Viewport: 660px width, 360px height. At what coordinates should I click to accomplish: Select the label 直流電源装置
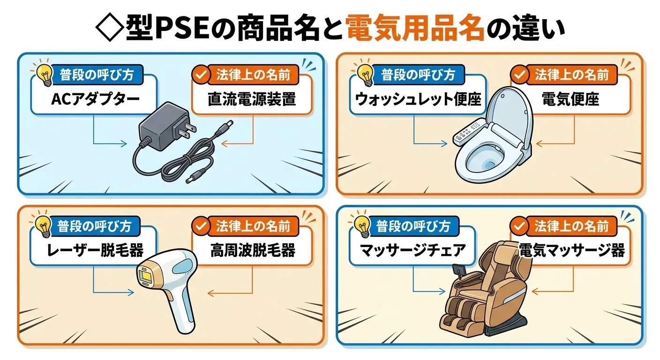pyautogui.click(x=252, y=100)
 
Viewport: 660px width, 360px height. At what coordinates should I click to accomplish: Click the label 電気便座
pyautogui.click(x=570, y=100)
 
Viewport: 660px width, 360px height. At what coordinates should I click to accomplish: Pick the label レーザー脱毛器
pyautogui.click(x=95, y=251)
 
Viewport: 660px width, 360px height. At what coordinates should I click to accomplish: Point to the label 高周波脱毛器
pyautogui.click(x=252, y=251)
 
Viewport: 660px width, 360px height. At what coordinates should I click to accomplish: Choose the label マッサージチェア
pyautogui.click(x=413, y=251)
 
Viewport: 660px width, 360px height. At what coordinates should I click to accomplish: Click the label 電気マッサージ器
pyautogui.click(x=571, y=251)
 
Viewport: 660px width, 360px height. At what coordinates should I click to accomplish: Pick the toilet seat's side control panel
pyautogui.click(x=469, y=132)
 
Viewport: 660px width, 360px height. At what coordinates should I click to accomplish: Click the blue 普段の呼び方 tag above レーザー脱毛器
pyautogui.click(x=94, y=226)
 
